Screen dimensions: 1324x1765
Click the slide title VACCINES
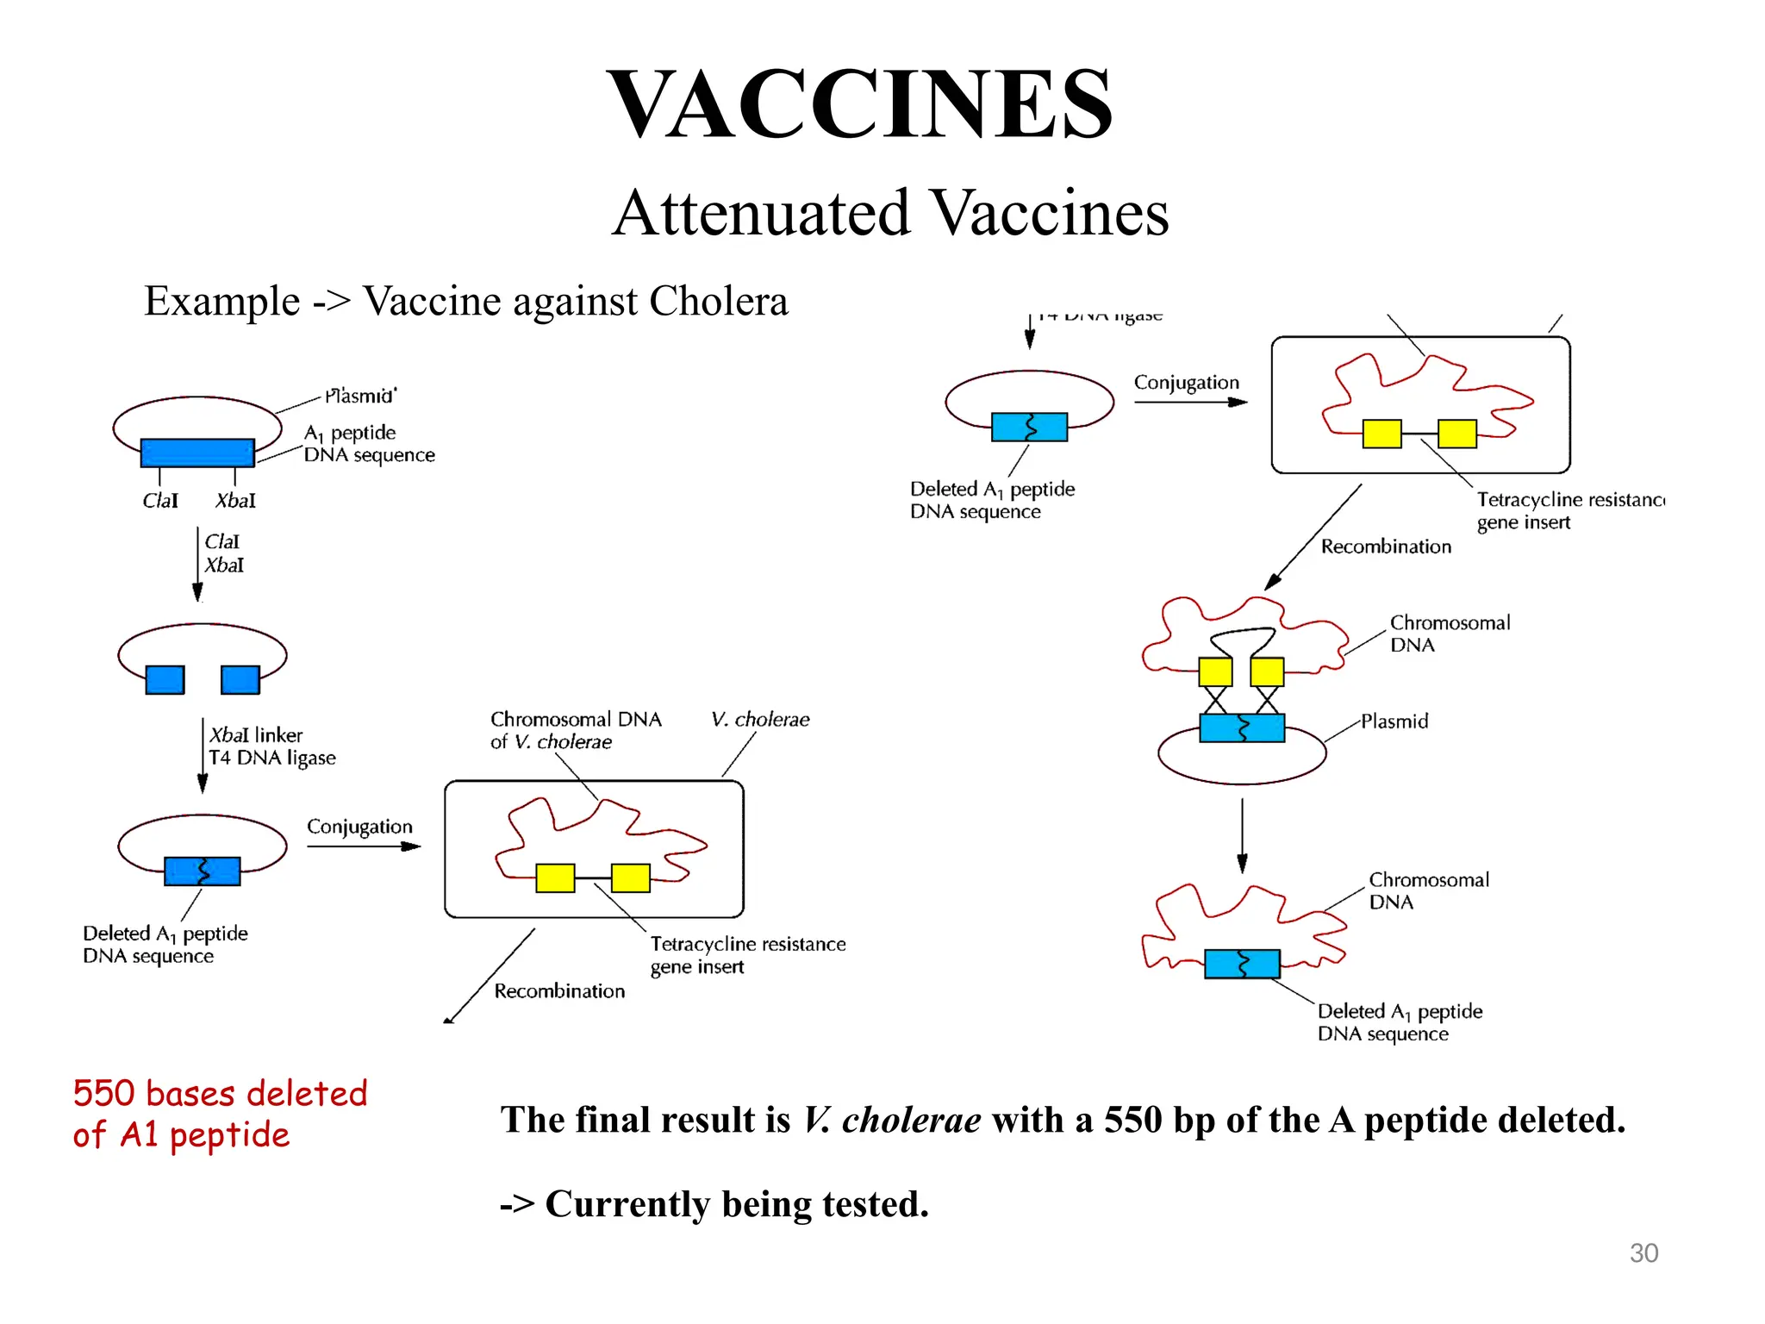[x=860, y=104]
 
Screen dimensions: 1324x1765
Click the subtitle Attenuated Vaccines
[x=889, y=213]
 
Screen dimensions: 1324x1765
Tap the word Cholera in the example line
[x=718, y=301]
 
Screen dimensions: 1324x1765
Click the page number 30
[x=1643, y=1252]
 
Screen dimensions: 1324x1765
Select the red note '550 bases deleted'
[x=220, y=1093]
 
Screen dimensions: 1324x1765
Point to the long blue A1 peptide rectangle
[x=197, y=453]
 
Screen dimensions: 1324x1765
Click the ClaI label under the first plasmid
[x=160, y=501]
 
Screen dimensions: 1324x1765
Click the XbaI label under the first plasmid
[x=235, y=501]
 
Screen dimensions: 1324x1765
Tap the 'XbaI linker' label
[x=256, y=735]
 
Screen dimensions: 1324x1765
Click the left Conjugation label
[x=359, y=827]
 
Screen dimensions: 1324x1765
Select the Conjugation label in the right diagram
[x=1186, y=382]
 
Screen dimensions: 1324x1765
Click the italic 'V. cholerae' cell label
[x=760, y=719]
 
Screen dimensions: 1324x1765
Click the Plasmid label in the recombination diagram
[x=1394, y=721]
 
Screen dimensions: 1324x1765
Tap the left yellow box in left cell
[x=555, y=877]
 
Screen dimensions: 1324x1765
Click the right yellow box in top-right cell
[x=1456, y=434]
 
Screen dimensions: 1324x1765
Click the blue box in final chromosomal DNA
[x=1242, y=964]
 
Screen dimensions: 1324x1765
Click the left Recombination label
[x=559, y=991]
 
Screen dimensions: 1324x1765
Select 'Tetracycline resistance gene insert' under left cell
[x=746, y=955]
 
